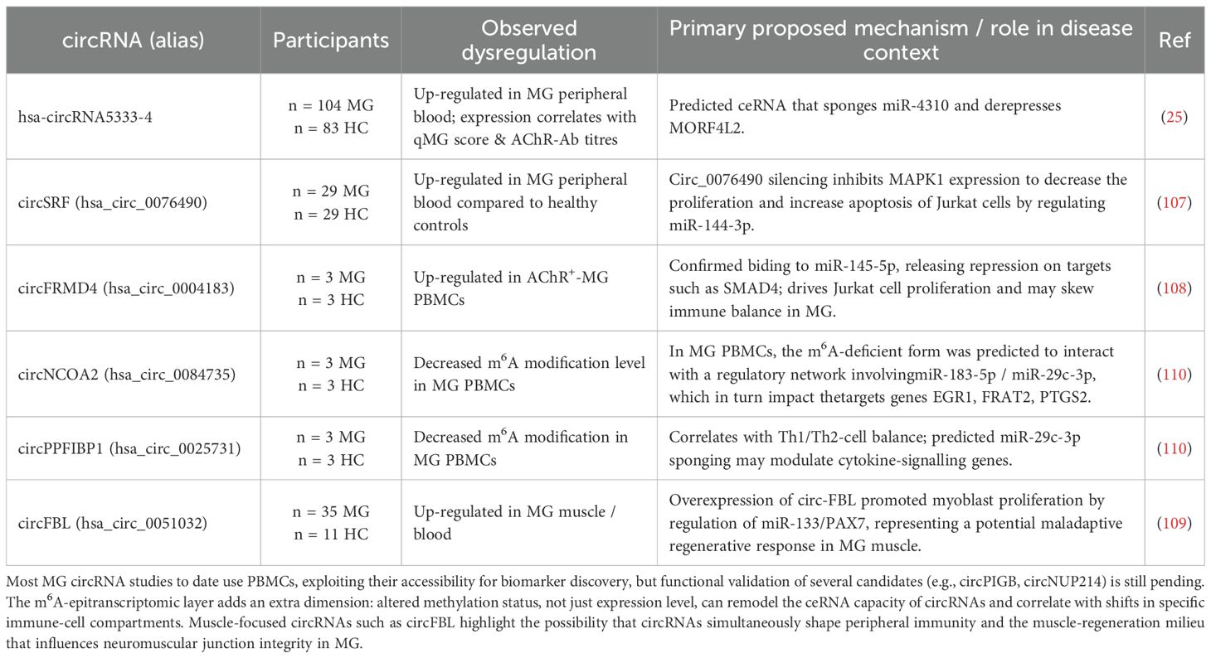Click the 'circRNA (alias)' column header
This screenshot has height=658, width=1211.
click(x=134, y=40)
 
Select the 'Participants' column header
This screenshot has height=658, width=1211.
click(x=330, y=40)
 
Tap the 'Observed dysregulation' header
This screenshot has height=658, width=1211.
click(x=528, y=40)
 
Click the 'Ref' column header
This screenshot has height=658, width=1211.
click(x=1174, y=40)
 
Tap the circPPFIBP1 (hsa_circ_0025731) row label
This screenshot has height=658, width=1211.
click(x=129, y=448)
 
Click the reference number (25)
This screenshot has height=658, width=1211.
click(x=1174, y=117)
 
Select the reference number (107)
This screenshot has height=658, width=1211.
click(x=1174, y=202)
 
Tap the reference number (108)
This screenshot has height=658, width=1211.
click(x=1174, y=288)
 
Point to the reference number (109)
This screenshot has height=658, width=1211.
click(x=1174, y=523)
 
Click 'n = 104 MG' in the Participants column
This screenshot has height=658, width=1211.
click(x=331, y=106)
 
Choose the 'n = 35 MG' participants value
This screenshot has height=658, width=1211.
click(x=331, y=512)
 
